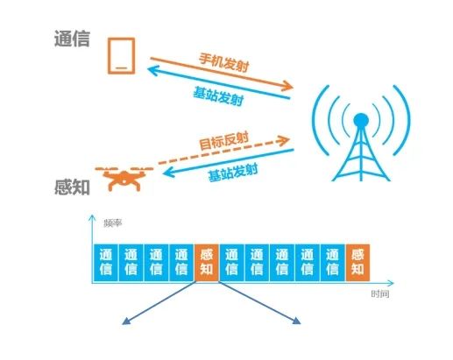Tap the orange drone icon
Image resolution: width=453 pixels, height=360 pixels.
tap(124, 178)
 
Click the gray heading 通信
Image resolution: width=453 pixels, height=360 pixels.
tap(72, 39)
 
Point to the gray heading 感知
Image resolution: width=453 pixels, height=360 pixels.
tap(72, 187)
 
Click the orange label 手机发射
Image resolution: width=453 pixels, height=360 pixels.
tap(224, 62)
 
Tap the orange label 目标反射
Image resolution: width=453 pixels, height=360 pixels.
tap(223, 141)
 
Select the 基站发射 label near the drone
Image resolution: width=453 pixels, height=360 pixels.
tap(233, 173)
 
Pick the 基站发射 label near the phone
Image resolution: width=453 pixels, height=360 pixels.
tap(218, 96)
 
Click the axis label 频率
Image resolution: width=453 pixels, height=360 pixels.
tap(113, 223)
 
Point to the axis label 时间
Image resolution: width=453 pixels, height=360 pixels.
tap(380, 293)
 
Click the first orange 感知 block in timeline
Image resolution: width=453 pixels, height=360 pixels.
tap(207, 263)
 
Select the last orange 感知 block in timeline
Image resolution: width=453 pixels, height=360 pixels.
tap(357, 263)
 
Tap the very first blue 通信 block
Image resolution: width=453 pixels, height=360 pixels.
tap(106, 263)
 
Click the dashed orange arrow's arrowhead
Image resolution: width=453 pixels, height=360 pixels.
tap(284, 140)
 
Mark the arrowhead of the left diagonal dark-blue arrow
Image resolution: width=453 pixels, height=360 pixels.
tap(125, 321)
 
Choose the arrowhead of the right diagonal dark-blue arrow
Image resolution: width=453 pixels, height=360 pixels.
tap(297, 321)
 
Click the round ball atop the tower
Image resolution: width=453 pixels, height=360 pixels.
tap(361, 120)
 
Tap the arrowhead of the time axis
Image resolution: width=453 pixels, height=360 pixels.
tap(391, 283)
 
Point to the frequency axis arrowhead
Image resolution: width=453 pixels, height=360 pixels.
tap(92, 218)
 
